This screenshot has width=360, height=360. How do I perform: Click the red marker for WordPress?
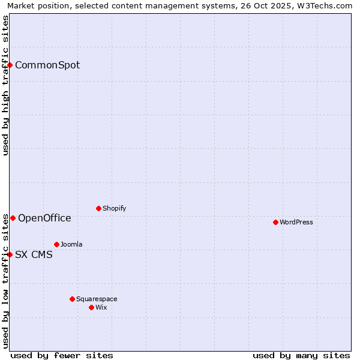tap(275, 222)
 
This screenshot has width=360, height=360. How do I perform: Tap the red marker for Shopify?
tap(98, 208)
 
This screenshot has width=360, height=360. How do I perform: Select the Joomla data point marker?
tap(56, 244)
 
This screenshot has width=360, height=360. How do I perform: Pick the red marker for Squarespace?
tap(72, 299)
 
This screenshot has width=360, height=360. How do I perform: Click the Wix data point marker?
tap(91, 307)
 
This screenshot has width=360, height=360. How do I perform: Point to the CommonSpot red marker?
tap(10, 65)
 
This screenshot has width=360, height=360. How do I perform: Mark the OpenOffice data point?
tap(13, 218)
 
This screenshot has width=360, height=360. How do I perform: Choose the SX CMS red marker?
tap(10, 254)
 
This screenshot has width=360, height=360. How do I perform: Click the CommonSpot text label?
tap(47, 65)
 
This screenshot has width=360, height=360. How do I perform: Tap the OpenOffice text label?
tap(44, 218)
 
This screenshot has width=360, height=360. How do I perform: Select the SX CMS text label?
tap(34, 254)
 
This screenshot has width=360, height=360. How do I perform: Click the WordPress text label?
tap(296, 222)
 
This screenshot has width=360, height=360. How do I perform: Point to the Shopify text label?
tap(114, 208)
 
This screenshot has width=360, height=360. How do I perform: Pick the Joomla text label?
tap(71, 244)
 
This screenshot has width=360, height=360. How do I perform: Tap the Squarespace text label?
tap(97, 299)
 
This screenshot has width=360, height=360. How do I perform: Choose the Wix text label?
tap(101, 307)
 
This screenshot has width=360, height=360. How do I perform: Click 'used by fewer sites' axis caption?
tap(62, 355)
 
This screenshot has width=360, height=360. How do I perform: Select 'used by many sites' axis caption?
tap(301, 355)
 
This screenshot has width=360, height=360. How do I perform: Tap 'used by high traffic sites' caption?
tap(6, 85)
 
